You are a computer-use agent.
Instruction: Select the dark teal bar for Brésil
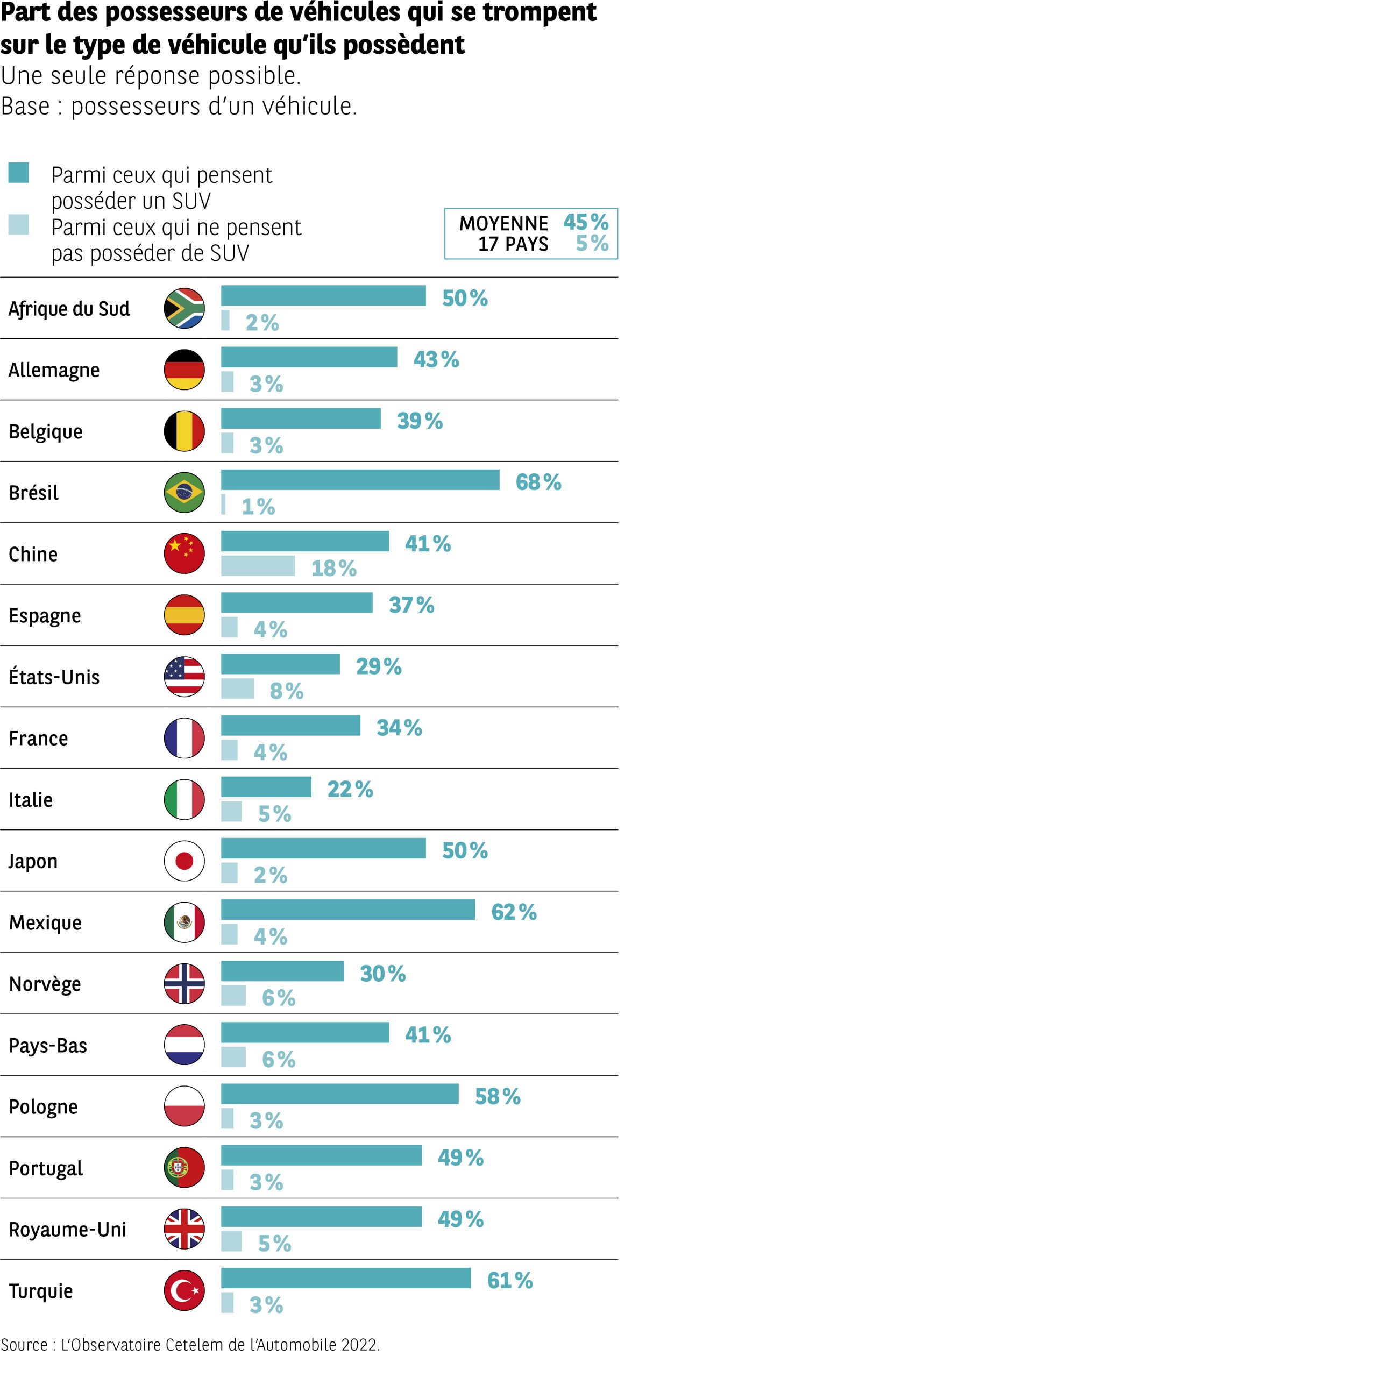coord(360,480)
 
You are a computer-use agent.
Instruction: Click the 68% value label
coord(538,482)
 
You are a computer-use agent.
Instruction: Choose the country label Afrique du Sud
coord(69,309)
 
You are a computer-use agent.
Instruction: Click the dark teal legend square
coord(18,173)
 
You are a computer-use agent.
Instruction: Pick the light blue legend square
coord(18,224)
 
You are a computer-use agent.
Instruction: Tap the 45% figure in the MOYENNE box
coord(585,222)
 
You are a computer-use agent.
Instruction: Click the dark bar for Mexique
coord(348,910)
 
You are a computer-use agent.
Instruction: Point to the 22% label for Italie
coord(350,789)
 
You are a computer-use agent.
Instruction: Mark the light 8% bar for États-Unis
coord(237,688)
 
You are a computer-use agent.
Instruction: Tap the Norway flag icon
coord(184,984)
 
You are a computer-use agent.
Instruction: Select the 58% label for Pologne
coord(498,1096)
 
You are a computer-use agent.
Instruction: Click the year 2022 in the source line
coord(359,1345)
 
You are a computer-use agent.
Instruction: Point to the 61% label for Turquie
coord(509,1281)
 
